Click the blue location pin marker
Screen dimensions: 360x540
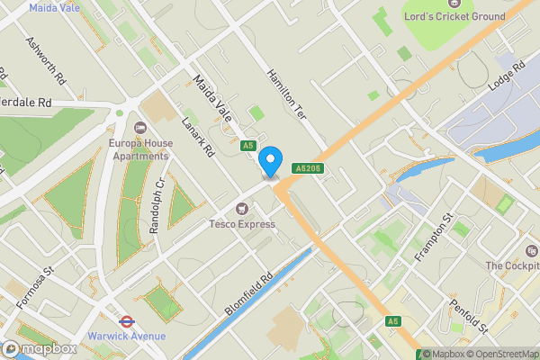pyautogui.click(x=269, y=162)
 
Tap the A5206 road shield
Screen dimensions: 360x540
pyautogui.click(x=305, y=168)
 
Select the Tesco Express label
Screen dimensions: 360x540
pyautogui.click(x=242, y=223)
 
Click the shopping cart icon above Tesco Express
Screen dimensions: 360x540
pyautogui.click(x=242, y=209)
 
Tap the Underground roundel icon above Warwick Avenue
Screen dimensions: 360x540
pyautogui.click(x=127, y=319)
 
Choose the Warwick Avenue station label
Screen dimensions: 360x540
pyautogui.click(x=127, y=336)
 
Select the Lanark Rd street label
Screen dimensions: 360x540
pyautogui.click(x=195, y=139)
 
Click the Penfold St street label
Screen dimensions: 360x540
pyautogui.click(x=468, y=315)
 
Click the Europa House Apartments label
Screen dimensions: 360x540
pyautogui.click(x=139, y=148)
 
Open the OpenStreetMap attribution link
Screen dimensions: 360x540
pyautogui.click(x=501, y=353)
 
